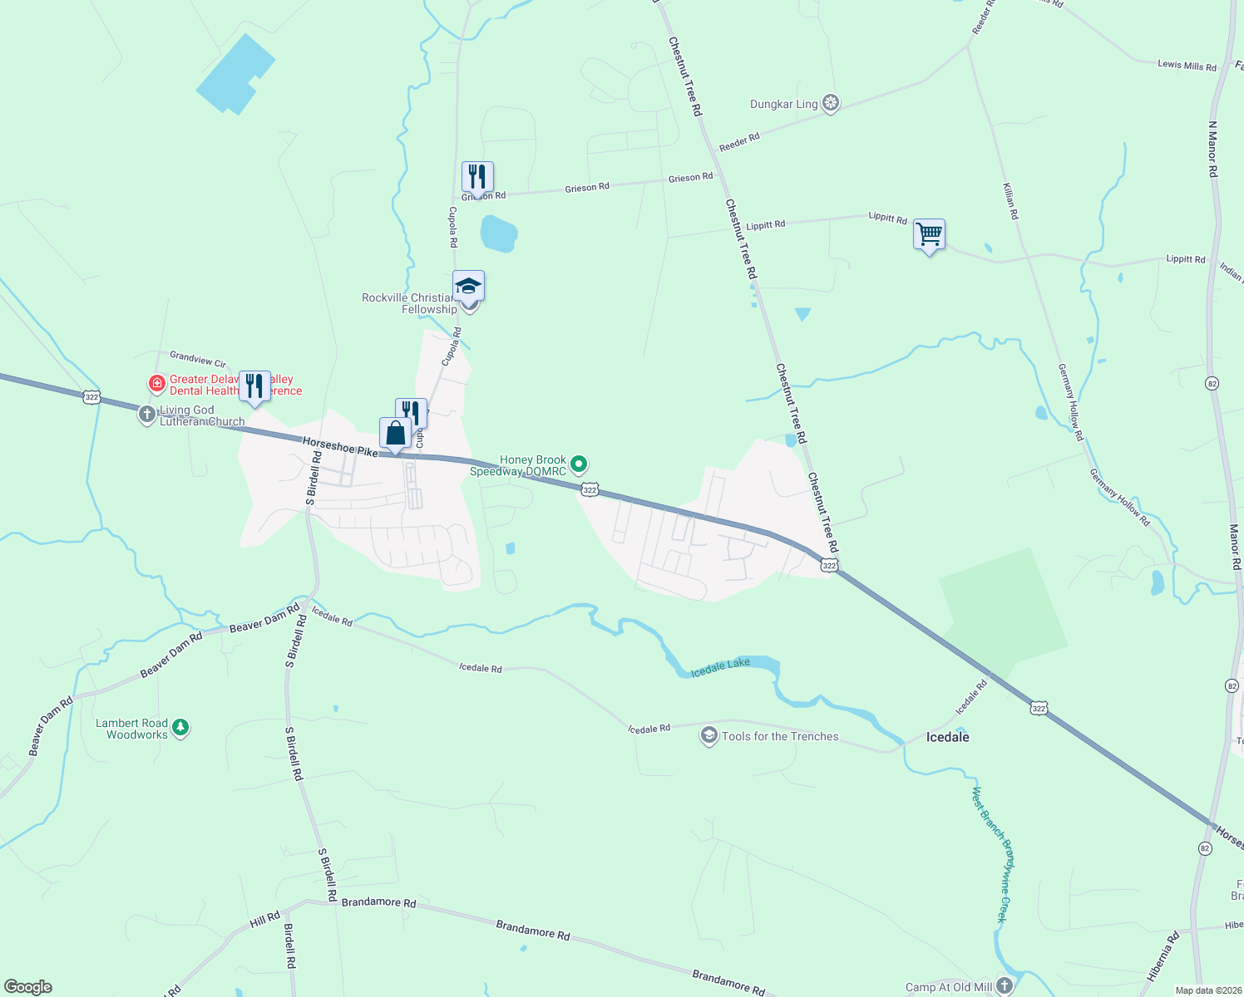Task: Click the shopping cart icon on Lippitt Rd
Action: [x=929, y=234]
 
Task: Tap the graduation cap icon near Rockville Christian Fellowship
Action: [x=468, y=287]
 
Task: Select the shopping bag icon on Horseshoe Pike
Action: [x=396, y=434]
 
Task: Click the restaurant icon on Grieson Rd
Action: [x=477, y=177]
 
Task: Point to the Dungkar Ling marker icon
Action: [x=830, y=104]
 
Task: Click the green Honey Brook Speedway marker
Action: [x=579, y=464]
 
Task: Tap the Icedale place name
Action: [x=947, y=737]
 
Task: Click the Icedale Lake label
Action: [x=720, y=667]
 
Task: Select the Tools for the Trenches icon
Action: [x=708, y=736]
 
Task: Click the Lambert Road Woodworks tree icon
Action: [x=180, y=728]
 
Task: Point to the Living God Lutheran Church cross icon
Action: [x=147, y=414]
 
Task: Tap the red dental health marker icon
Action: [x=156, y=384]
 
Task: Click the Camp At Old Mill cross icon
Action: [x=1005, y=986]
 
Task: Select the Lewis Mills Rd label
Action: [x=1187, y=65]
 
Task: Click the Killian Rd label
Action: [x=1010, y=201]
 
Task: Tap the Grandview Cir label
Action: [x=198, y=358]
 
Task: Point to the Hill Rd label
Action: [x=265, y=919]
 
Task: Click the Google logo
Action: [x=28, y=986]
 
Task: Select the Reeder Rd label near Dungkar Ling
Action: [x=738, y=142]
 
